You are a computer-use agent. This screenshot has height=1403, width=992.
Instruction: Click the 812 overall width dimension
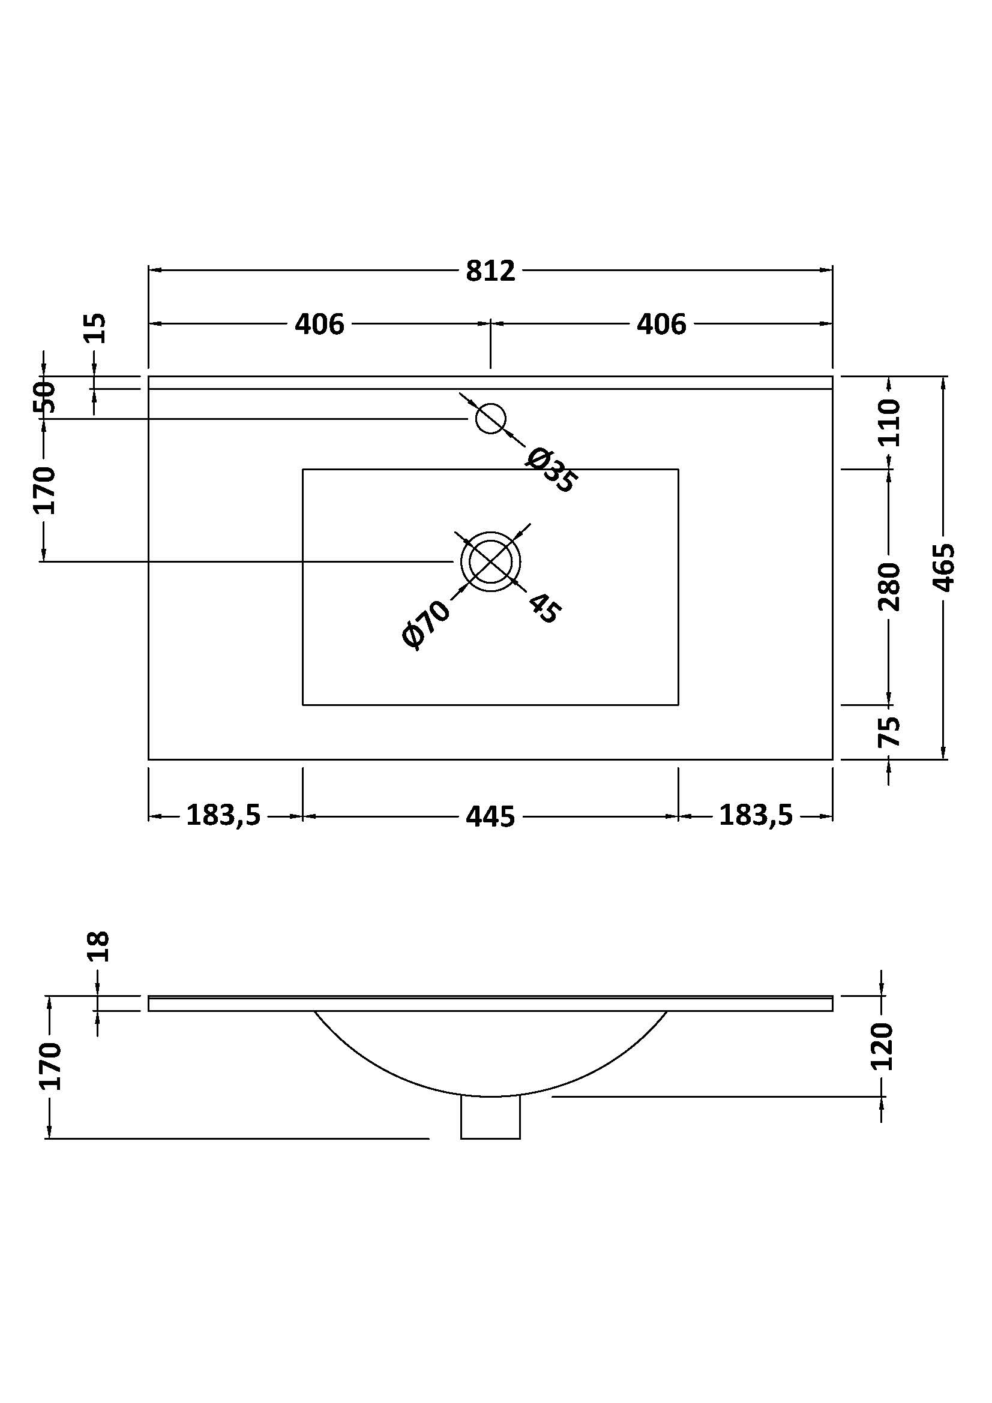[490, 271]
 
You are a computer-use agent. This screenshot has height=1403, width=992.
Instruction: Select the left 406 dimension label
[319, 324]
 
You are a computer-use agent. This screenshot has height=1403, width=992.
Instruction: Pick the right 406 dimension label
[661, 324]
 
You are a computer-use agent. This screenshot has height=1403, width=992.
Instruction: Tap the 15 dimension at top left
[96, 329]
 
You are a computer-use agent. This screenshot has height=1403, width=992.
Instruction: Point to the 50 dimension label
[46, 397]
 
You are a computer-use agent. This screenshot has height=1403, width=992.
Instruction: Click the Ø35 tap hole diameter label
[550, 470]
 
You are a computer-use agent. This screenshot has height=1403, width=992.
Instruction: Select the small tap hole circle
[490, 419]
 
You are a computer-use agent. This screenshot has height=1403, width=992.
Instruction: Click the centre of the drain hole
[490, 561]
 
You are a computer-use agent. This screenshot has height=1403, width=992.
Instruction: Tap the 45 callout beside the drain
[543, 608]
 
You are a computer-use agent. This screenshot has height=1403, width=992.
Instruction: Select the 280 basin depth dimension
[890, 587]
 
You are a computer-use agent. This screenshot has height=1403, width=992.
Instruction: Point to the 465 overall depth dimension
[944, 567]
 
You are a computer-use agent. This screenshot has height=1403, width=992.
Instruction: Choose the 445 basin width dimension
[490, 816]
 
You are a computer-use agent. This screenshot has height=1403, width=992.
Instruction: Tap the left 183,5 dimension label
[224, 815]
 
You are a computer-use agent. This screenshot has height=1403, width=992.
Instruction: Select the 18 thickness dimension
[98, 947]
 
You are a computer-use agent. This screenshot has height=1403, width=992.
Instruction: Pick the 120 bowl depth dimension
[883, 1046]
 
